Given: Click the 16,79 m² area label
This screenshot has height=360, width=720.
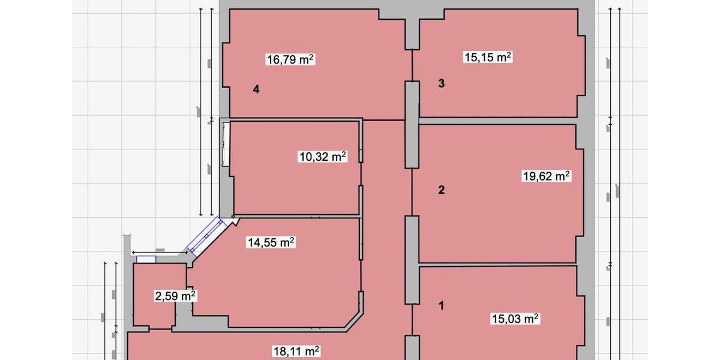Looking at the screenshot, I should tap(290, 59).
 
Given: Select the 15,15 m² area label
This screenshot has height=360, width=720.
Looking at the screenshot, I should tap(487, 57).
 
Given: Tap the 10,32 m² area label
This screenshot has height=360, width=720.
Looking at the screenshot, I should tap(323, 157).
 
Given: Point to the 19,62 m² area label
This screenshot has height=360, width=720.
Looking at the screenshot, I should tap(546, 176).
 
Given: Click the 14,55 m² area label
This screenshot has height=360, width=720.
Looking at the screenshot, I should tap(271, 242).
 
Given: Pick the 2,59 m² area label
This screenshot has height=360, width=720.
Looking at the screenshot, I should tap(176, 296).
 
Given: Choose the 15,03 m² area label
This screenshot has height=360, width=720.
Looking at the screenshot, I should tap(515, 319).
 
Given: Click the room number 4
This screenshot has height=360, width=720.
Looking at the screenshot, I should tap(256, 89).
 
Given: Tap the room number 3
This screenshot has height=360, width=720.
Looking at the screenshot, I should tap(442, 83).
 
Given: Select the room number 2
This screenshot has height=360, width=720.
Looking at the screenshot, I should tap(442, 190).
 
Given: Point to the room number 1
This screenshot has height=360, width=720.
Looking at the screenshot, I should tap(442, 305).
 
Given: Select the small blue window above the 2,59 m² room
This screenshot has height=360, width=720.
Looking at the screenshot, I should tap(146, 259).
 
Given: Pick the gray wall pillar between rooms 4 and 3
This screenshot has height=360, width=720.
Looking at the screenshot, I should tap(412, 124).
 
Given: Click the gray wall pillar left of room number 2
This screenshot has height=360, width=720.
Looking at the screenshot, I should tap(412, 259).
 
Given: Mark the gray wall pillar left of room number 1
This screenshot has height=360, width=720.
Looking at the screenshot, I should tap(412, 348).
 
